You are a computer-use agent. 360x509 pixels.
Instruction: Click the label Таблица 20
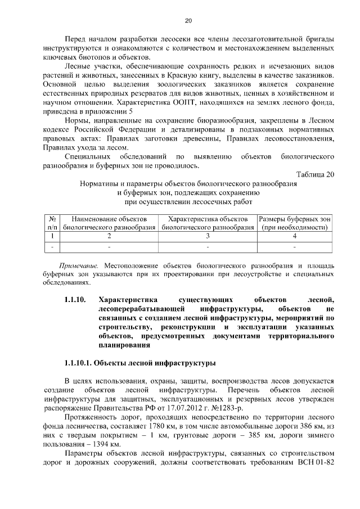315,174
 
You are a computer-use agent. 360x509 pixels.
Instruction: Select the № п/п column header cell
52,222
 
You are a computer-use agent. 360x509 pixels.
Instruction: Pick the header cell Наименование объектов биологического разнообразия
109,222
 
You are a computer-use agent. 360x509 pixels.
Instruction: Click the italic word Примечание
79,264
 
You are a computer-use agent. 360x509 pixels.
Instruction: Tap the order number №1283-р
227,407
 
